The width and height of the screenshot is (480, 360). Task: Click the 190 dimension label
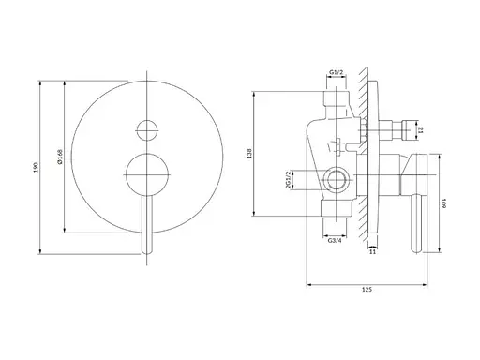[36, 167]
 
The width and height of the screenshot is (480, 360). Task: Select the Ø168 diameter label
[60, 157]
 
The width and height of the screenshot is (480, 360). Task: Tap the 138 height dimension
[249, 154]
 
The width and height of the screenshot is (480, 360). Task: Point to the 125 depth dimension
[367, 290]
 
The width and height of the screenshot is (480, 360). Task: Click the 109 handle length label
[444, 203]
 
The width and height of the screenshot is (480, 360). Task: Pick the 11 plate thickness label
[372, 251]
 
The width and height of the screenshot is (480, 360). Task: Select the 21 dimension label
[420, 130]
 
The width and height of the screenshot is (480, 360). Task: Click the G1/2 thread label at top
[337, 72]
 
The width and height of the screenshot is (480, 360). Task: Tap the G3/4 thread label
[335, 241]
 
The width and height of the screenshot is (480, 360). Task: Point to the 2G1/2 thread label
[288, 179]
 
